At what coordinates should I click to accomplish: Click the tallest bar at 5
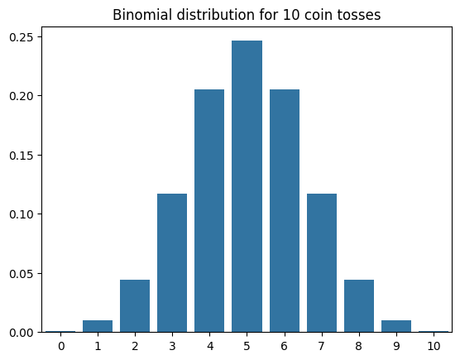[x=247, y=186]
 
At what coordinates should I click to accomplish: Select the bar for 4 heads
[x=209, y=211]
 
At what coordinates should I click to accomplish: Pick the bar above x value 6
[x=285, y=211]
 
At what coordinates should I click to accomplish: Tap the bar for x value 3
[x=172, y=263]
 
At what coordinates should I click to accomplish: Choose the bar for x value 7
[x=322, y=263]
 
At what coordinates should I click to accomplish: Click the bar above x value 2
[x=135, y=306]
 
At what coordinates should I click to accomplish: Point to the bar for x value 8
[x=359, y=306]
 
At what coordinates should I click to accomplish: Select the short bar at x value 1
[x=98, y=326]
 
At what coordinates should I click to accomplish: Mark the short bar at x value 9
[x=396, y=326]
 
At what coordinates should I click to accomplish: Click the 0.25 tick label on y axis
[x=22, y=37]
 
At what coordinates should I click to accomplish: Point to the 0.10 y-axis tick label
[x=22, y=214]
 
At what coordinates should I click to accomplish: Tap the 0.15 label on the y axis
[x=22, y=156]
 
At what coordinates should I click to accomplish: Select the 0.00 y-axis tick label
[x=22, y=333]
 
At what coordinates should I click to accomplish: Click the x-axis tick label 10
[x=434, y=346]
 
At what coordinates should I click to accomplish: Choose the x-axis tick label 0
[x=61, y=346]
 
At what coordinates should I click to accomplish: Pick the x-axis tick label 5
[x=247, y=346]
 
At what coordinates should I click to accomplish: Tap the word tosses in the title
[x=359, y=15]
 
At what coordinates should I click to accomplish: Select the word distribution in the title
[x=216, y=15]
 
